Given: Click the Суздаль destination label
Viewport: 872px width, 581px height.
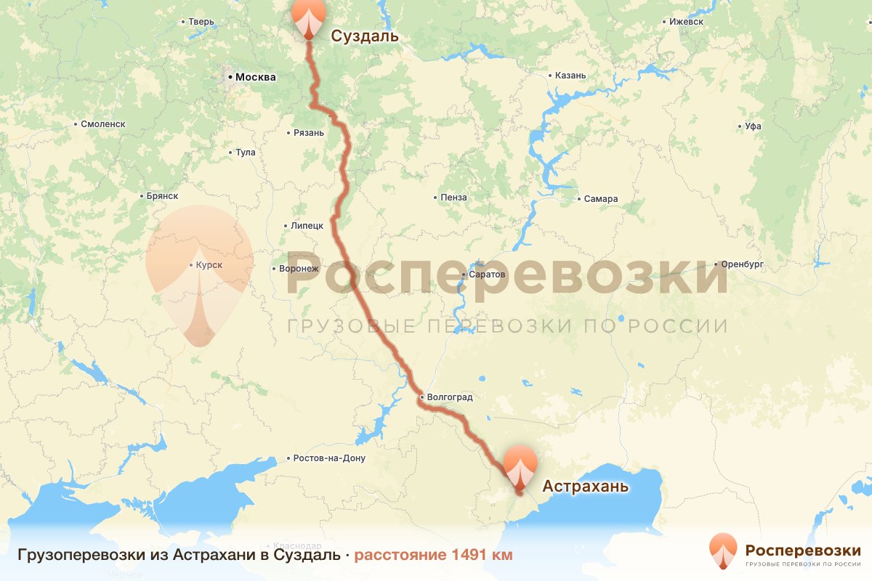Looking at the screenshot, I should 366,36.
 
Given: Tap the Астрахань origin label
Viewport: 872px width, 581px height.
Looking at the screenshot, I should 585,486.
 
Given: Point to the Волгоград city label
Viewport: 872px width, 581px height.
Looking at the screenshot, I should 450,397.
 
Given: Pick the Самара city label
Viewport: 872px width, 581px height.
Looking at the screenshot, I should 601,198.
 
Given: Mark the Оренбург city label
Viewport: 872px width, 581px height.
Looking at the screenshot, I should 742,264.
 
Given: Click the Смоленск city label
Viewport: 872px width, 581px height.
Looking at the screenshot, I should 103,123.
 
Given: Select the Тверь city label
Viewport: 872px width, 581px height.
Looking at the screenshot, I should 201,22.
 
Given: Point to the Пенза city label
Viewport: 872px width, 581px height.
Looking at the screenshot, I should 453,198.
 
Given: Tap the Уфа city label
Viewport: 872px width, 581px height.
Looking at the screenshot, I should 753,126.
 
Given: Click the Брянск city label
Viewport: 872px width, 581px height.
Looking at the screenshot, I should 162,196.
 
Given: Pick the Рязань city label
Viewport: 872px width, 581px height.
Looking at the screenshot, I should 308,133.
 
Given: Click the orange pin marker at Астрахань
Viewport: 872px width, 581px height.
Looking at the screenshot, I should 520,467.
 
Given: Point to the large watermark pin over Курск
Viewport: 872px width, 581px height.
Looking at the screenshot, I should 199,269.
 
